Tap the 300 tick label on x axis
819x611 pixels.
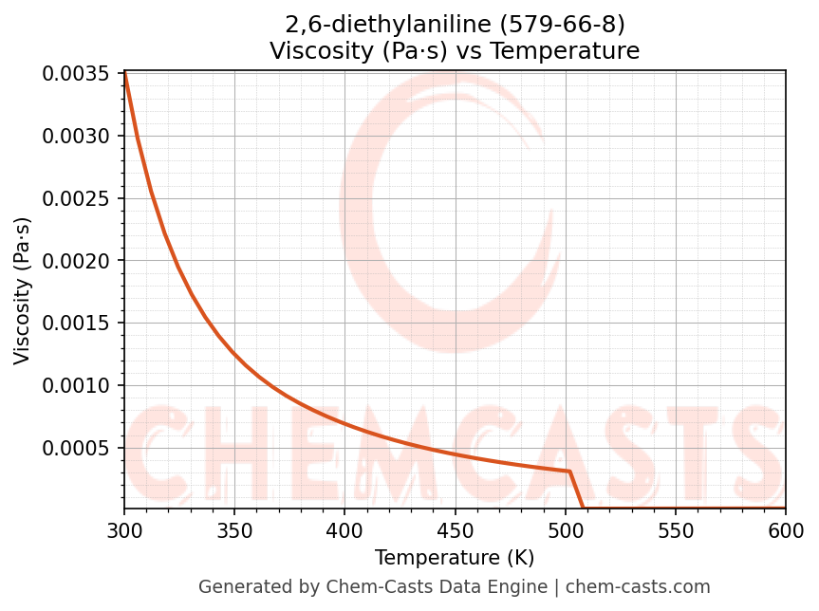pyautogui.click(x=124, y=529)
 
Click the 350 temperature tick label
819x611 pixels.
pyautogui.click(x=234, y=529)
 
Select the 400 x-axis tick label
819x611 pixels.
pyautogui.click(x=344, y=529)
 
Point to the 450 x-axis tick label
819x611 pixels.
pyautogui.click(x=455, y=529)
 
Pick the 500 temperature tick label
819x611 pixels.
pyautogui.click(x=566, y=529)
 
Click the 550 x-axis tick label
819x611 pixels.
pyautogui.click(x=676, y=529)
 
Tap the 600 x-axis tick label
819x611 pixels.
pyautogui.click(x=786, y=529)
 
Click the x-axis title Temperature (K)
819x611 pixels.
pyautogui.click(x=455, y=558)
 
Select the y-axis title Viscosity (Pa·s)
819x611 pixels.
pyautogui.click(x=23, y=290)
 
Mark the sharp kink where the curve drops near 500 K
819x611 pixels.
pyautogui.click(x=569, y=472)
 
